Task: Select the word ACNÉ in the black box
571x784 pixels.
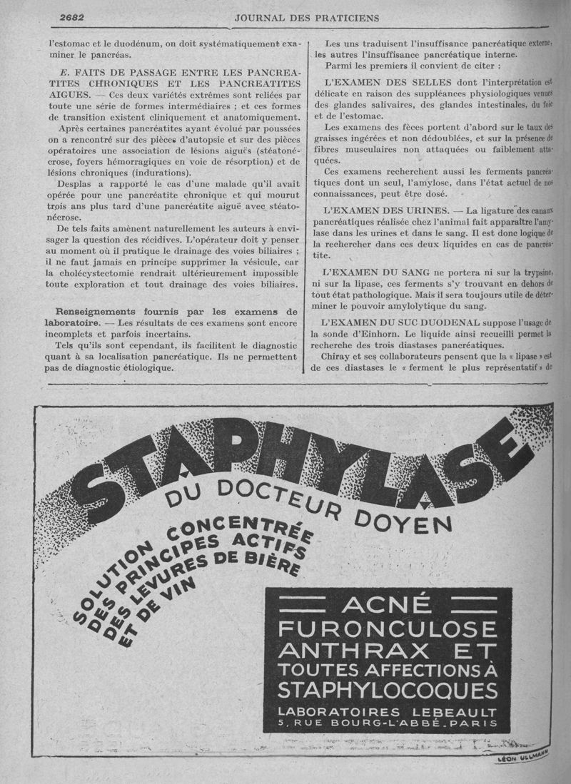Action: [x=386, y=606]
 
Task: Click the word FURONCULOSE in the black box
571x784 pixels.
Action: [x=388, y=628]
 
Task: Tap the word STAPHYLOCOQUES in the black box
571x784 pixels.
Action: [x=388, y=691]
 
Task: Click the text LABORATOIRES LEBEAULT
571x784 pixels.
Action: [x=388, y=713]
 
